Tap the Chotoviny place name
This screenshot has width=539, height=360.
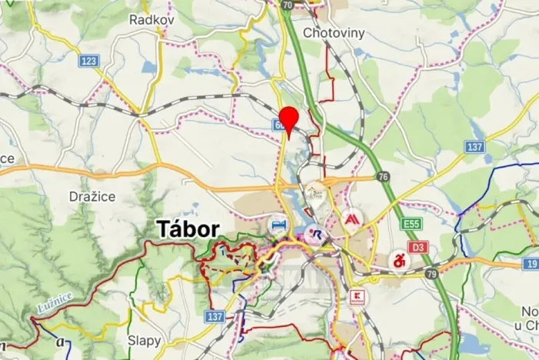[x=333, y=33]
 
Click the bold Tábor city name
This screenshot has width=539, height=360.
[x=188, y=229]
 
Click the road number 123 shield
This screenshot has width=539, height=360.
[x=88, y=59]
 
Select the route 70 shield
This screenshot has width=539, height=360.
[x=288, y=5]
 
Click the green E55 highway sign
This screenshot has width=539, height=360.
[x=410, y=224]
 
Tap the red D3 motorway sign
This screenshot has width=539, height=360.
[x=418, y=248]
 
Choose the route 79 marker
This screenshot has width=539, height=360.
[x=431, y=274]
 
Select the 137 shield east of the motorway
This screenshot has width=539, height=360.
[x=474, y=146]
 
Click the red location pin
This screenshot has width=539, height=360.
[x=288, y=119]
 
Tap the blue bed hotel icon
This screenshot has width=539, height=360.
[x=278, y=225]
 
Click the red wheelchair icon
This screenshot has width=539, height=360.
[x=399, y=260]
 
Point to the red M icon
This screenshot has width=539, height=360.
[x=351, y=218]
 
